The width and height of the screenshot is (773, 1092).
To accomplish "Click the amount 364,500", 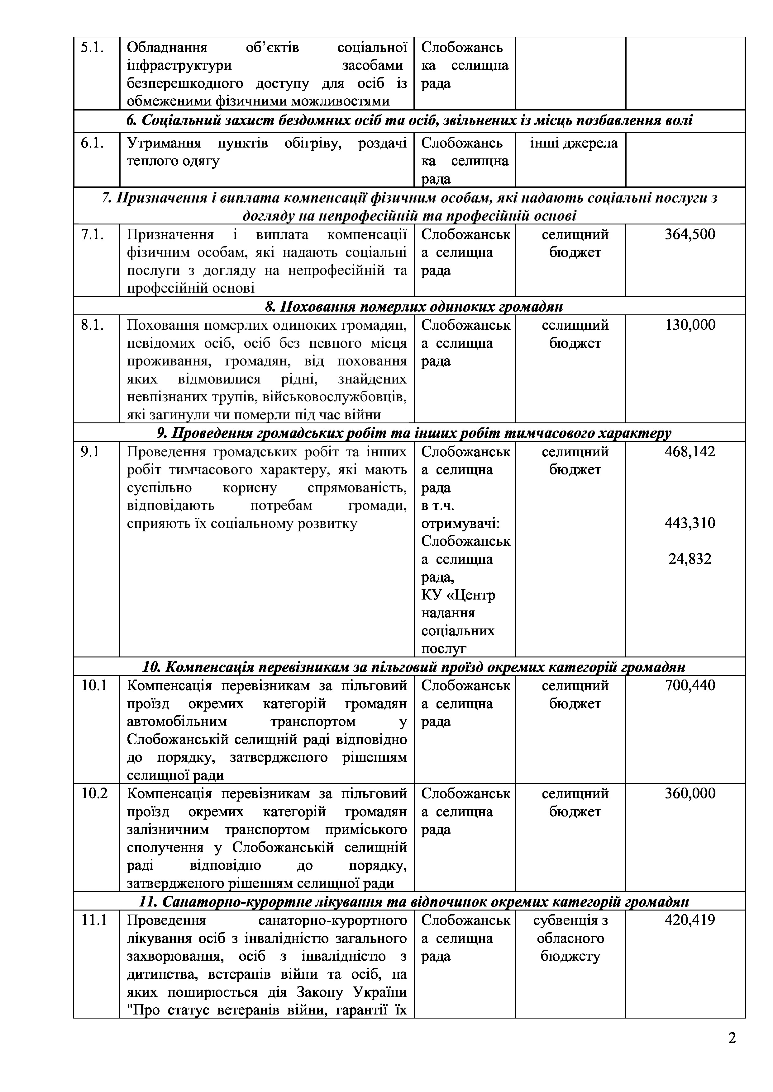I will coord(690,235).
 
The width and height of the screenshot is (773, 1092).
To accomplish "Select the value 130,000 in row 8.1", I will coord(690,325).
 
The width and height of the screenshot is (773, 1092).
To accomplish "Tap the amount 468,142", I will coord(690,452).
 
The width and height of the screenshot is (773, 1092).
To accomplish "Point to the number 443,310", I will coord(690,524).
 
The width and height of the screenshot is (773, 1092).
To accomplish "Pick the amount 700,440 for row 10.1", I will coord(690,686).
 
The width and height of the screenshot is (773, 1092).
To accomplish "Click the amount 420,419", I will coord(690,920).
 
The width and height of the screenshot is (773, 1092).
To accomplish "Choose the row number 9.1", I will coord(90,452).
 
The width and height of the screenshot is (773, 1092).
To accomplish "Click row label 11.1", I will coord(94,920).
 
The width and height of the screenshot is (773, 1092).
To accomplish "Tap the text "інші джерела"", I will coord(574,143).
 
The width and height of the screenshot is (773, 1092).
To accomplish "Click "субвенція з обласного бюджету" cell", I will coord(570,938).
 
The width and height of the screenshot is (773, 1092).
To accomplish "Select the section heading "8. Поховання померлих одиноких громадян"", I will coord(414,307).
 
